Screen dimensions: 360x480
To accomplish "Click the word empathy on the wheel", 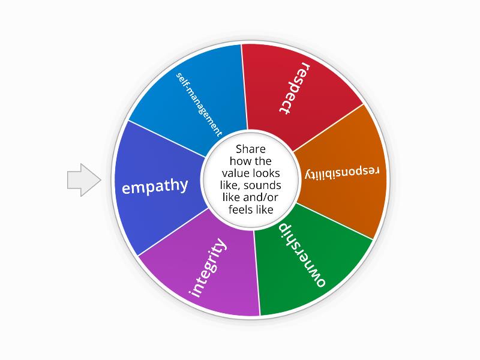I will [x=155, y=186].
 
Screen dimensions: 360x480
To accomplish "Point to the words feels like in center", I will [x=250, y=209].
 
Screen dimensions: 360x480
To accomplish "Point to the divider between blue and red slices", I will [x=244, y=87].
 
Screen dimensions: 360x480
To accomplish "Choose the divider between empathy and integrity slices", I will [x=173, y=232].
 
